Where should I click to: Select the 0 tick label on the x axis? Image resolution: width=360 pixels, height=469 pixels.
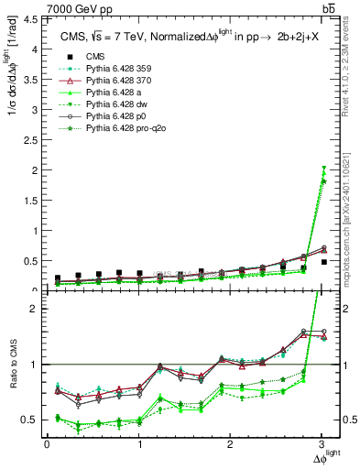(x=47, y=446)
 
